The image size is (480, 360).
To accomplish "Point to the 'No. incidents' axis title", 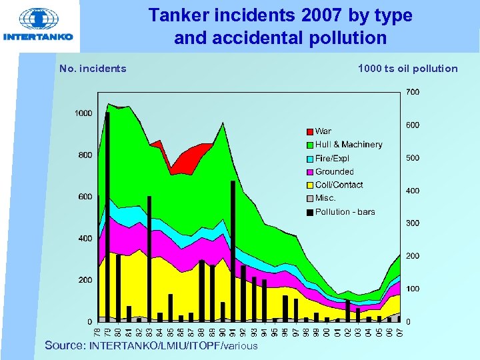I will [93, 68].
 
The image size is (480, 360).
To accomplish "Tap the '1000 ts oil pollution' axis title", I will [407, 68].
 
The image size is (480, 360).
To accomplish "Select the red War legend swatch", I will [310, 131].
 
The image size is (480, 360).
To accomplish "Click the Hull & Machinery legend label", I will [349, 145].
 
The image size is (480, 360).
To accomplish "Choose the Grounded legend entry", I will [334, 171].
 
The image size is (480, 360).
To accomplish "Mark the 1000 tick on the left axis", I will [83, 113].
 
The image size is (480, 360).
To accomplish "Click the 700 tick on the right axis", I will [413, 92].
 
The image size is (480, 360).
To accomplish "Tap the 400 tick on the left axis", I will [85, 239].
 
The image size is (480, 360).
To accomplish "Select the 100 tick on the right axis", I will [413, 289].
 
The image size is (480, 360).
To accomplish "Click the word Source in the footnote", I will [65, 346].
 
